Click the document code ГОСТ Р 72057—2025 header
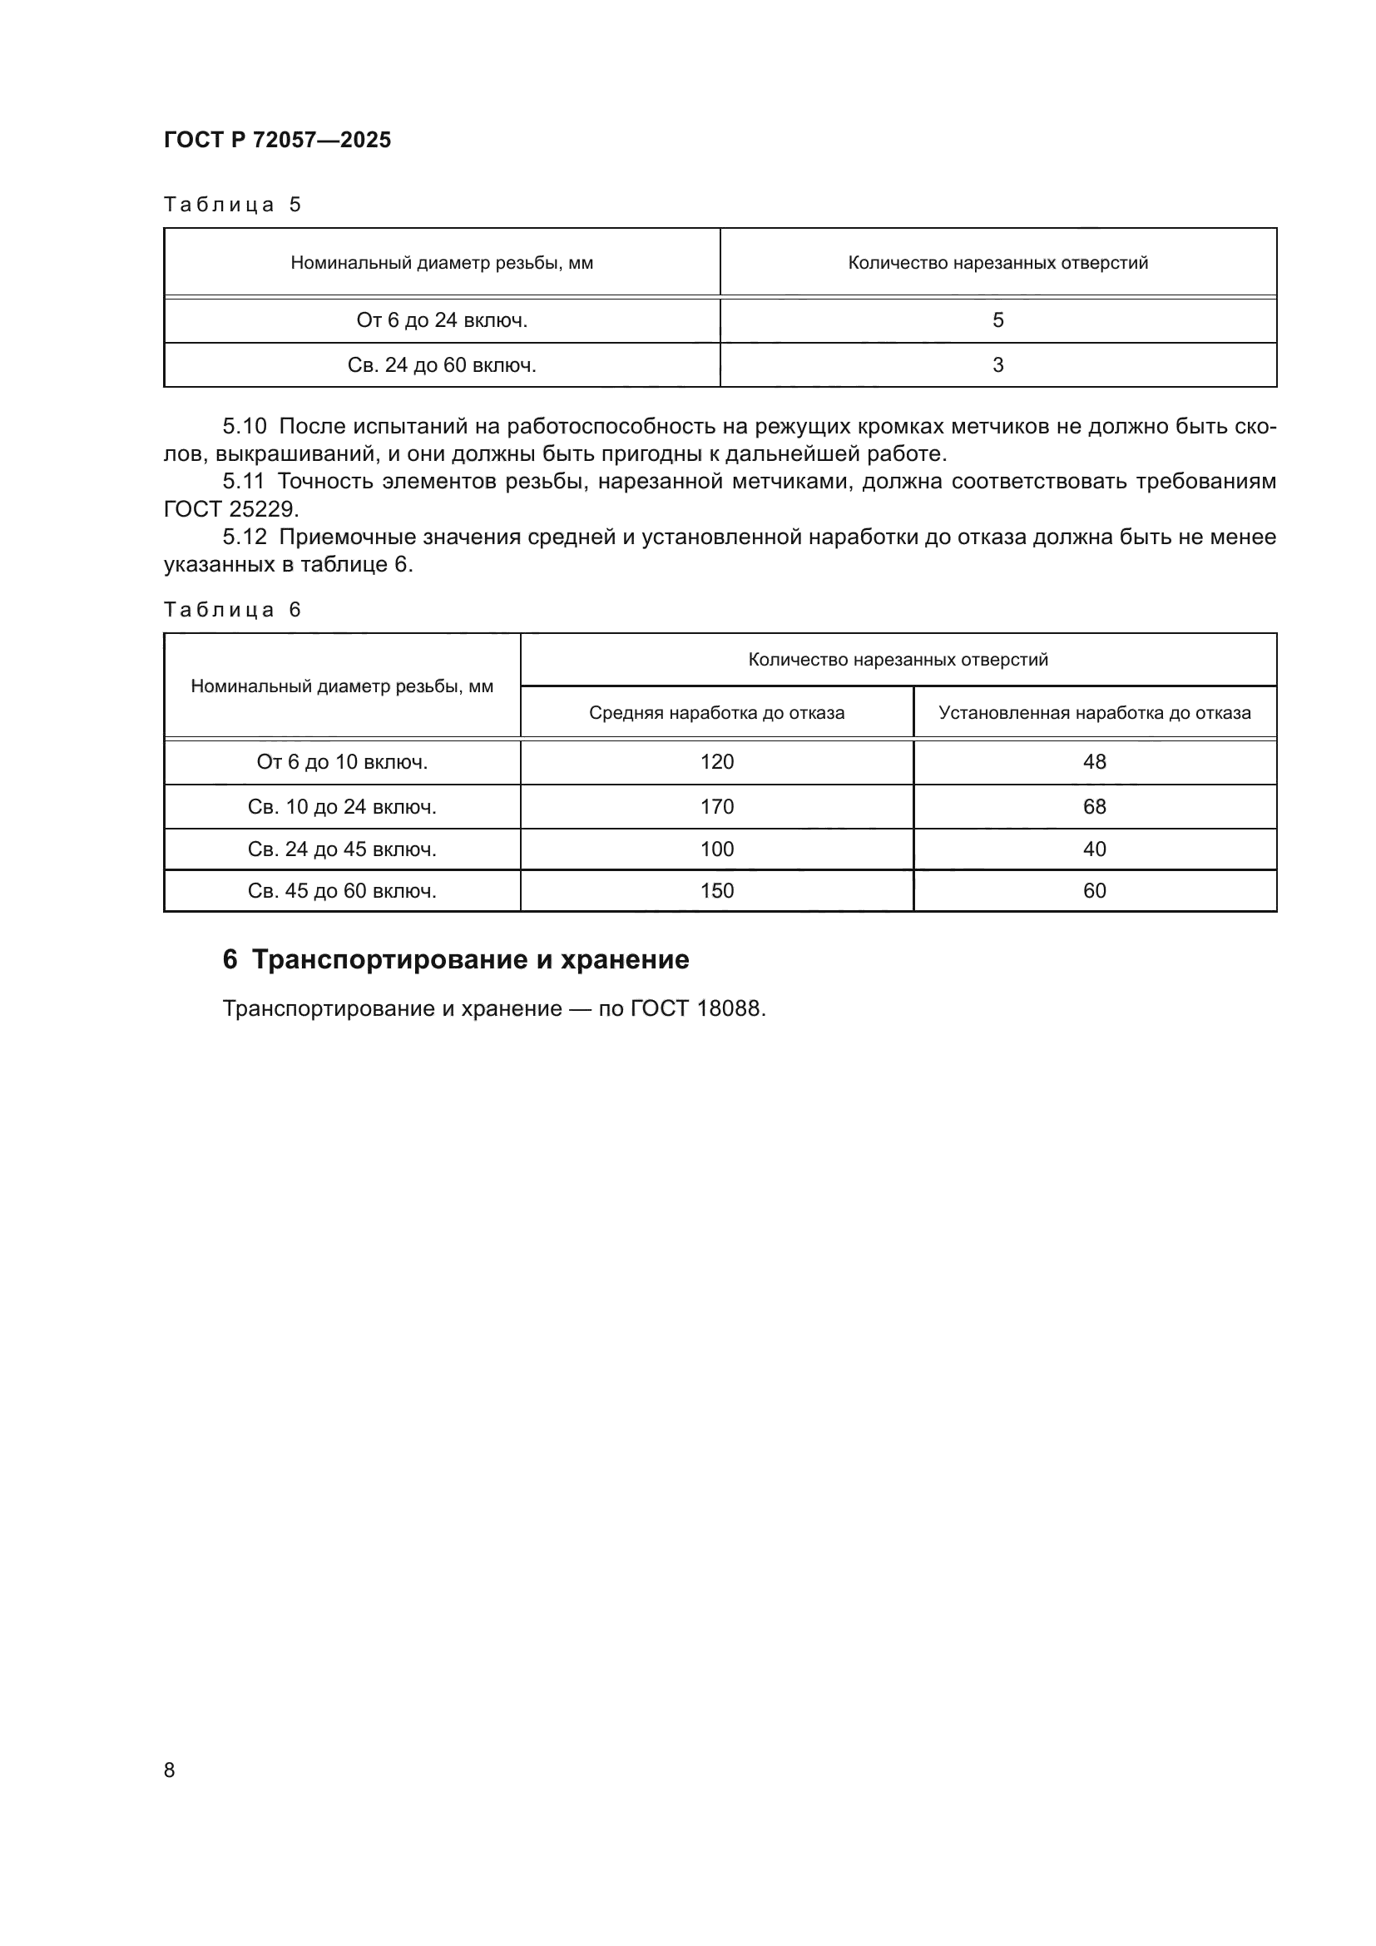tap(277, 140)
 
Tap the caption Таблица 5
tap(232, 205)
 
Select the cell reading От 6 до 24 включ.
tap(442, 320)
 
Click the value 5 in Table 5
tap(997, 320)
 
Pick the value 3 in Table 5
tap(997, 365)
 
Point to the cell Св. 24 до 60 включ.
tap(442, 365)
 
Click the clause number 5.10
tap(244, 426)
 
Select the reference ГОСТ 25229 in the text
tap(230, 509)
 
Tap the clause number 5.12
tap(244, 537)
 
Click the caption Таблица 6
tap(232, 610)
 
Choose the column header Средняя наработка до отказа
tap(716, 713)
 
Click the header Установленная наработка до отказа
tap(1094, 713)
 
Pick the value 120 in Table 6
tap(717, 762)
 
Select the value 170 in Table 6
tap(717, 807)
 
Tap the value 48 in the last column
tap(1094, 762)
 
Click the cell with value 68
tap(1094, 807)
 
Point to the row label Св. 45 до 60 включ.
tap(341, 891)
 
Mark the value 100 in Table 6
tap(717, 849)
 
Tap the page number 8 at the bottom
tap(170, 1770)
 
